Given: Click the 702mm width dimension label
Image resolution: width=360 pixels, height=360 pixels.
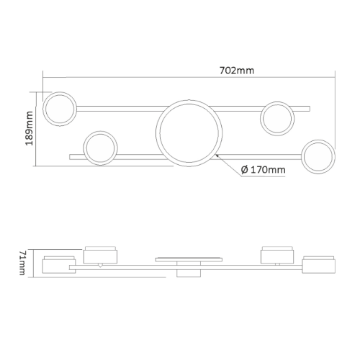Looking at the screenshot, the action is click(237, 71).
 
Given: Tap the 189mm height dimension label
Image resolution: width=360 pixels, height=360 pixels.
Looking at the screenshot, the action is click(29, 128).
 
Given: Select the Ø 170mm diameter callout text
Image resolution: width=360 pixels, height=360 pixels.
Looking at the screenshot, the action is click(264, 170).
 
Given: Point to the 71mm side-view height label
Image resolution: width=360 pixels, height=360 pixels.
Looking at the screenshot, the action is click(22, 263).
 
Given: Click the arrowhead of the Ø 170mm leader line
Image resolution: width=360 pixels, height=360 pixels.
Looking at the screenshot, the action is click(217, 156).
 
